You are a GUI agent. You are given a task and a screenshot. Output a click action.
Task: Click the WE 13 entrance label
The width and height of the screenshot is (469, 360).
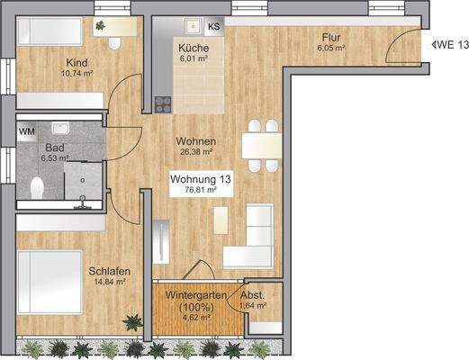[x=451, y=43]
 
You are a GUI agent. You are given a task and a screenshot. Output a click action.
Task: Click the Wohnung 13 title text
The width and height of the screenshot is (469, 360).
[x=201, y=179]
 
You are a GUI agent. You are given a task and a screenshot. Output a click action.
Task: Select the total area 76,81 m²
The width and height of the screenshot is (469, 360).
[x=201, y=191]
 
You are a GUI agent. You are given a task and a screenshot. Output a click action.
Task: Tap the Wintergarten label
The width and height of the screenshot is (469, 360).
[x=194, y=294]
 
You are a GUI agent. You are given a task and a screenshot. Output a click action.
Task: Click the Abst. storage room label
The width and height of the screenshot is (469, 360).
[x=252, y=295]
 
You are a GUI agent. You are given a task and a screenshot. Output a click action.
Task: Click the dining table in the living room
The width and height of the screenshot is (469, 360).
[x=260, y=144]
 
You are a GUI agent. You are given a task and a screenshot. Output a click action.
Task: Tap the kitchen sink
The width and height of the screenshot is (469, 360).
[x=192, y=27]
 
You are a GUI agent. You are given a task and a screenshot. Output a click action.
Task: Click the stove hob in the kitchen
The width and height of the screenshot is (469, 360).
[x=162, y=103]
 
